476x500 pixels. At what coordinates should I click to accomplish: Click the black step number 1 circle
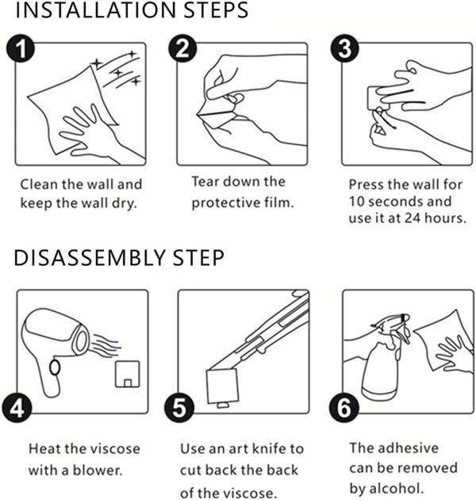coord(20,48)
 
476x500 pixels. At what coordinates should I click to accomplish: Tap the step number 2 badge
coord(182,48)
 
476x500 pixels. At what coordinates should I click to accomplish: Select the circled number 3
coord(344,48)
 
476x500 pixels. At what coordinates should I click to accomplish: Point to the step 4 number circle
coord(17,408)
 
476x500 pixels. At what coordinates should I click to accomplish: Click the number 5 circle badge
coord(179,408)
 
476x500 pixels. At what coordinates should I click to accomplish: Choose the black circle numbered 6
coord(344,408)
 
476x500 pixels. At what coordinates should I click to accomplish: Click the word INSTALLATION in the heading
coord(96,10)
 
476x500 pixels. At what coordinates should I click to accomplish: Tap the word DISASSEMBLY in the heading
coord(90,258)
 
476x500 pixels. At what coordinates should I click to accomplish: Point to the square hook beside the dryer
coord(127,374)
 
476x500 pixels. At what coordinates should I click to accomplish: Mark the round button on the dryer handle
coord(55,367)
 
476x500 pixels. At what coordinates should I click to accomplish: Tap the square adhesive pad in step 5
coord(222,387)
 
